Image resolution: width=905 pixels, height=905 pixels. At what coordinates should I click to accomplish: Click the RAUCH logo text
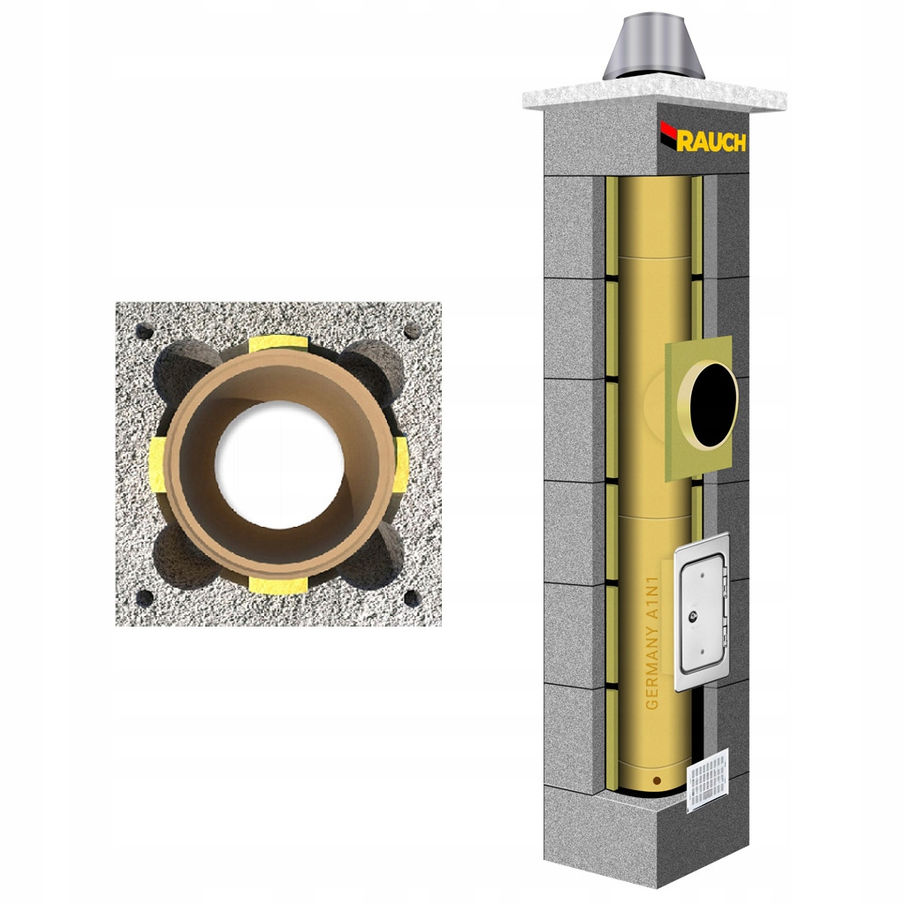click(x=711, y=141)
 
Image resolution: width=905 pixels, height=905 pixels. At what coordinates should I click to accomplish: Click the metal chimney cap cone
click(x=653, y=49)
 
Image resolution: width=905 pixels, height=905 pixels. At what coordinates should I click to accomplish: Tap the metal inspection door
click(x=701, y=612)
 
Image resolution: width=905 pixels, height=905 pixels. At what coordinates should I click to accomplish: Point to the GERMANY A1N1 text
click(x=652, y=643)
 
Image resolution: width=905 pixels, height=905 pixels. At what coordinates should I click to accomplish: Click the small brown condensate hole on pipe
click(x=657, y=781)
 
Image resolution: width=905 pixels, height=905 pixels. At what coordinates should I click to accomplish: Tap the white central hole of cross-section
click(x=280, y=464)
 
